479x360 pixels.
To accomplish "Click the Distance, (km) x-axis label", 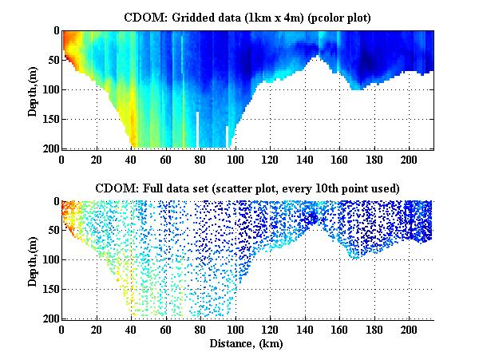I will coord(247,343).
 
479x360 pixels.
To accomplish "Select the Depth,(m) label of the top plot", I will coord(33,89).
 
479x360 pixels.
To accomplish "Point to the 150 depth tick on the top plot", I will coord(49,119).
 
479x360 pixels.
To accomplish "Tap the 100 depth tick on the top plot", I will coord(49,89).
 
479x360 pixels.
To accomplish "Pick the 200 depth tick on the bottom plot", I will coord(49,318).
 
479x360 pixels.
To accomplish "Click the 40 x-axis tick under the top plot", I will coord(131,158).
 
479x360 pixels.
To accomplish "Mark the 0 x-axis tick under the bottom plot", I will coord(61,329).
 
